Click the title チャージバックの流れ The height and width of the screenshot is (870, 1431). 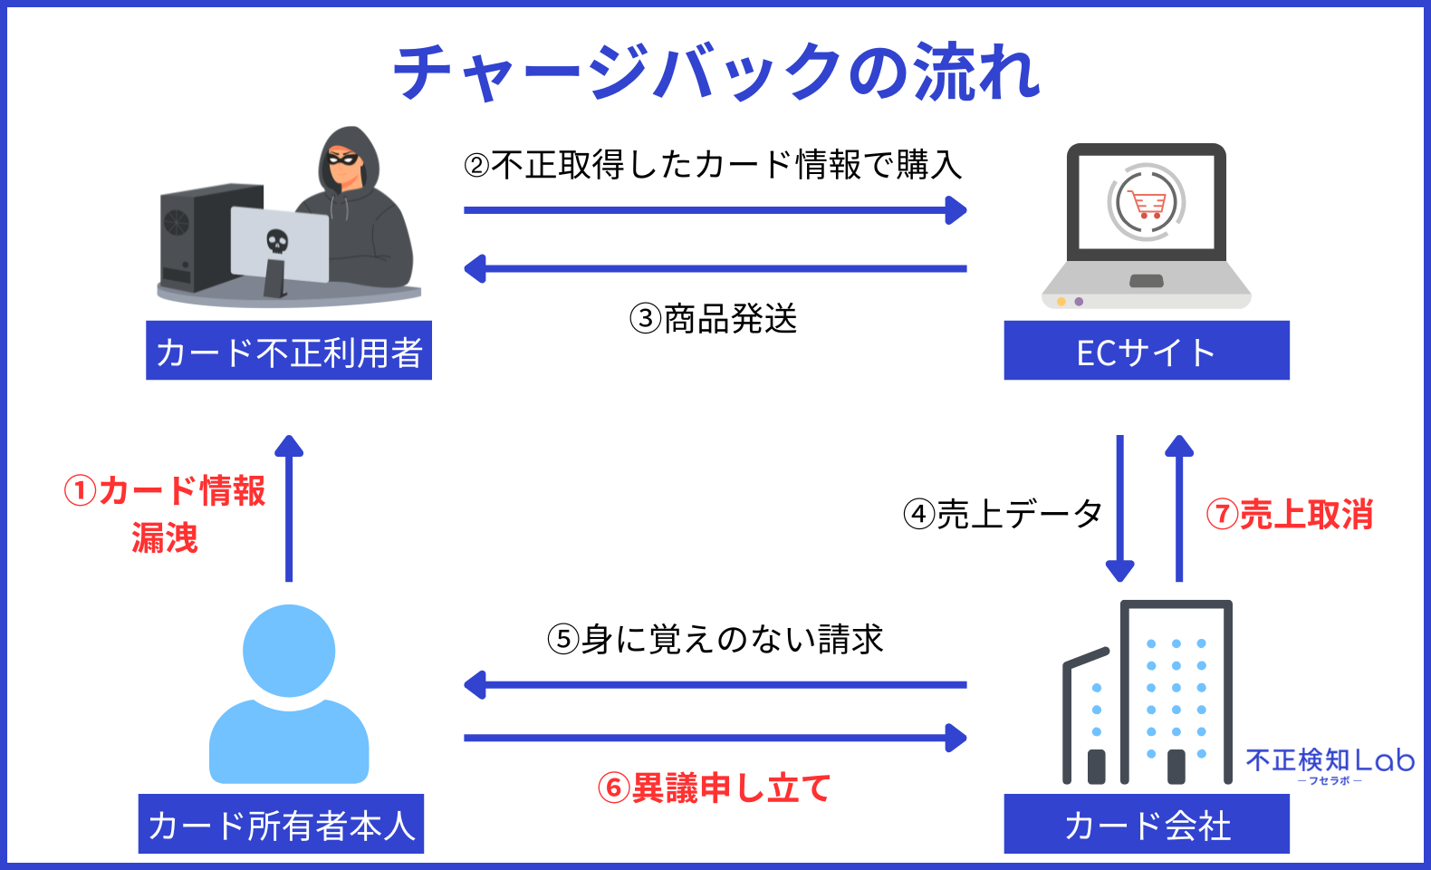[x=715, y=72]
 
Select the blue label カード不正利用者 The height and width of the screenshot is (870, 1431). [x=289, y=352]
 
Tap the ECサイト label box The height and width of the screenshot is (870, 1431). [x=1146, y=352]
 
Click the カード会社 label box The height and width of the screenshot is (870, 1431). [x=1146, y=825]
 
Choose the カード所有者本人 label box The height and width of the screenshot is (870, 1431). [x=281, y=825]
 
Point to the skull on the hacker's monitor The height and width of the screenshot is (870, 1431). [x=277, y=241]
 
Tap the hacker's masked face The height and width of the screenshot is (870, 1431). [x=344, y=161]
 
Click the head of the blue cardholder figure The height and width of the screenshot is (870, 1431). [x=289, y=651]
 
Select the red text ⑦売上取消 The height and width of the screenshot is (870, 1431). [x=1290, y=515]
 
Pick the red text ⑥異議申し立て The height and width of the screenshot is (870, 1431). [x=714, y=788]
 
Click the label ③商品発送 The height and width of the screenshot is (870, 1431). [x=714, y=319]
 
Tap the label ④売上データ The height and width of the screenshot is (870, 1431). [x=1003, y=515]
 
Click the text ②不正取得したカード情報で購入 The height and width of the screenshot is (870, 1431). [x=714, y=165]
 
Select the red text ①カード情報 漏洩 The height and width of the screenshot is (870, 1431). [x=165, y=514]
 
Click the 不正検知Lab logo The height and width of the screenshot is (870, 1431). [x=1330, y=763]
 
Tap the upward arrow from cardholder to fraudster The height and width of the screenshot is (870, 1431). [x=289, y=507]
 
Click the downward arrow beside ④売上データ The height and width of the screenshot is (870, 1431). [x=1120, y=507]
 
